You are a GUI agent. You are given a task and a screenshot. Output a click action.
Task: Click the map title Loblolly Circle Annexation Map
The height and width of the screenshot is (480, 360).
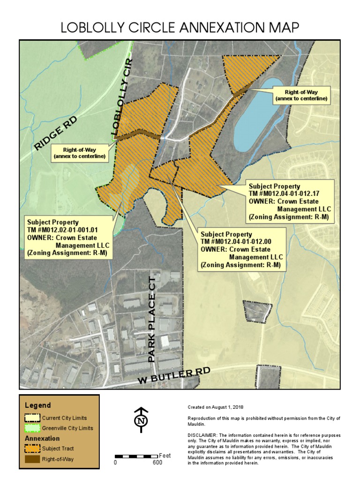[x=180, y=28]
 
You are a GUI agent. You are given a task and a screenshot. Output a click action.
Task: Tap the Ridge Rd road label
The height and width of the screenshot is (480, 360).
[x=55, y=134]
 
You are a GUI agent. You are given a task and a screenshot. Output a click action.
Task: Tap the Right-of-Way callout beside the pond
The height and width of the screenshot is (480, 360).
[x=301, y=96]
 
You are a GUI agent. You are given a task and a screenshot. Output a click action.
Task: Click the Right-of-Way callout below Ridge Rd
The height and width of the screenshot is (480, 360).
[x=79, y=153]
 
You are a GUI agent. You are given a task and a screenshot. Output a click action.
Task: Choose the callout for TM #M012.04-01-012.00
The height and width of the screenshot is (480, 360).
[x=241, y=249]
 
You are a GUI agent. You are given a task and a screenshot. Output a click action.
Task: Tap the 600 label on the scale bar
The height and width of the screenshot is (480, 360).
[x=157, y=463]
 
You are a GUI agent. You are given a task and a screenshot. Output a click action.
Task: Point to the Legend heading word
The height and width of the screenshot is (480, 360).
[x=38, y=405]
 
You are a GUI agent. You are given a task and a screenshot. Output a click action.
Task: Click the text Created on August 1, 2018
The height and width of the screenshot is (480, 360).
[x=216, y=407]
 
